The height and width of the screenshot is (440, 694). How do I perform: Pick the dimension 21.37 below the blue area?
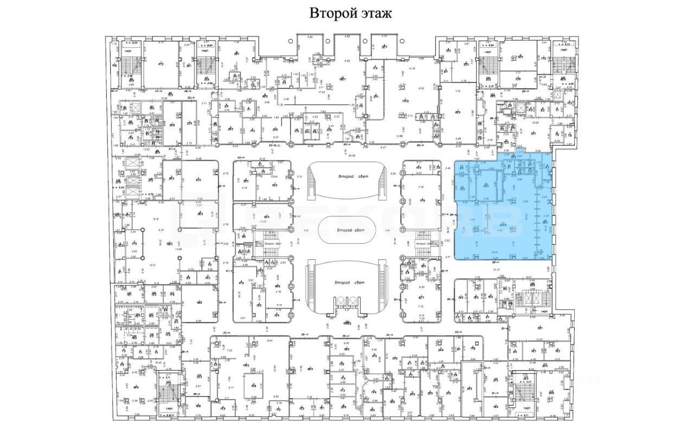[x=496, y=269]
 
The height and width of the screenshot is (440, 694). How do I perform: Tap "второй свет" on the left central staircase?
[x=271, y=244]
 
